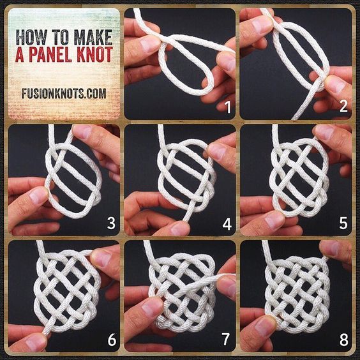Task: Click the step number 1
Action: [x=227, y=107]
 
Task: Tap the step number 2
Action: [x=343, y=107]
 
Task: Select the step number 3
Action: [x=111, y=223]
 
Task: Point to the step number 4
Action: [x=227, y=223]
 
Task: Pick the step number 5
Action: [x=343, y=223]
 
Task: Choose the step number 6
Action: [x=112, y=340]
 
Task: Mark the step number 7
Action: [x=226, y=339]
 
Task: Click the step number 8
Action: [x=343, y=340]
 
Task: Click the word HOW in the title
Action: [x=31, y=38]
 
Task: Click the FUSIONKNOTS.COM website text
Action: [x=64, y=93]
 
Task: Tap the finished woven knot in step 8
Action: [x=297, y=294]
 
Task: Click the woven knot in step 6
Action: [x=66, y=289]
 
